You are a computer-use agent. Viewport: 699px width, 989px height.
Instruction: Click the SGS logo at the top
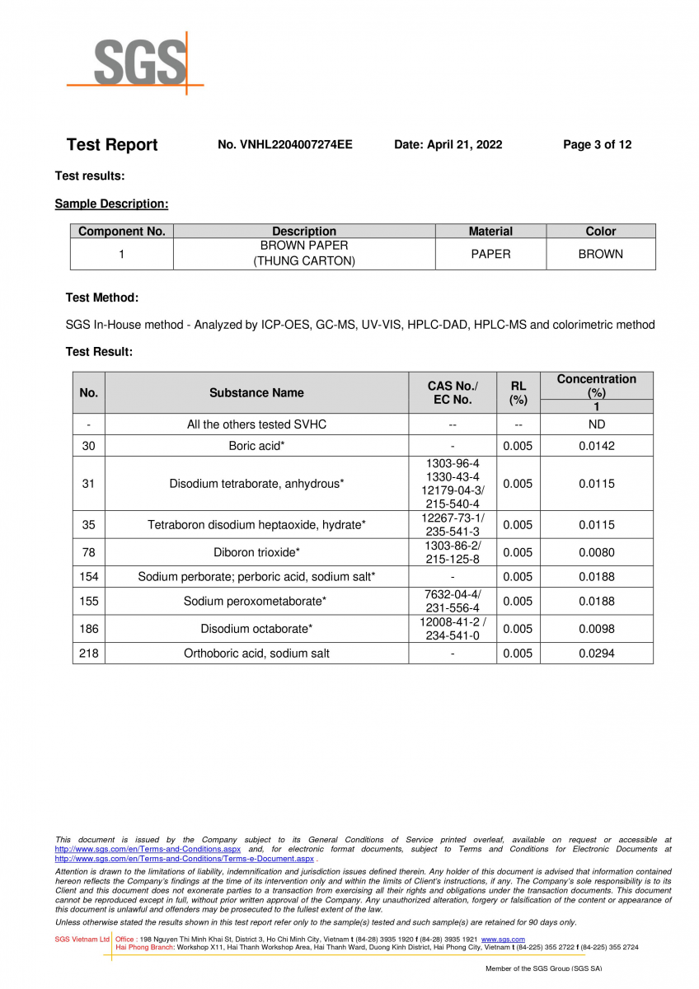pyautogui.click(x=136, y=62)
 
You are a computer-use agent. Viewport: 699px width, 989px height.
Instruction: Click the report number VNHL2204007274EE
pyautogui.click(x=284, y=145)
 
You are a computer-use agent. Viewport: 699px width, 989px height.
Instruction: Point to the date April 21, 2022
pyautogui.click(x=448, y=145)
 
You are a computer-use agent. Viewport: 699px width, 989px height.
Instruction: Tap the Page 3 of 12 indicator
pyautogui.click(x=597, y=145)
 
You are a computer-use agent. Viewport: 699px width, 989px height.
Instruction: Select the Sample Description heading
pyautogui.click(x=111, y=204)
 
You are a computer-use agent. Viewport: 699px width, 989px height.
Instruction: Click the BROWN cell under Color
pyautogui.click(x=600, y=254)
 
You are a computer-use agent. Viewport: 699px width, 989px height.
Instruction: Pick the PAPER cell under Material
pyautogui.click(x=490, y=254)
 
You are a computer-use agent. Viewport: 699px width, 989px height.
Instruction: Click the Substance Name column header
pyautogui.click(x=256, y=392)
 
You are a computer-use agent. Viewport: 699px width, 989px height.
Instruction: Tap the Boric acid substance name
pyautogui.click(x=256, y=446)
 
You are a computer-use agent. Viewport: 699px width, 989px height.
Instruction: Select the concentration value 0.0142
pyautogui.click(x=596, y=446)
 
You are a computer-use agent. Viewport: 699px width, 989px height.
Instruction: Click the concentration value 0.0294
pyautogui.click(x=596, y=654)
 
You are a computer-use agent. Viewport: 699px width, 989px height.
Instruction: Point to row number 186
pyautogui.click(x=88, y=629)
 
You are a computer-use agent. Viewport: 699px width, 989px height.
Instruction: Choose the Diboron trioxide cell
pyautogui.click(x=256, y=552)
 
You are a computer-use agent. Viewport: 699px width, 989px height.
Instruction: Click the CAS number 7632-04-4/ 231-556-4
pyautogui.click(x=453, y=602)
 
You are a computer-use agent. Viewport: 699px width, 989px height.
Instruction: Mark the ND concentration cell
pyautogui.click(x=596, y=424)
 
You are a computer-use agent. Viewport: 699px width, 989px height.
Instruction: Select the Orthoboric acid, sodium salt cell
pyautogui.click(x=256, y=654)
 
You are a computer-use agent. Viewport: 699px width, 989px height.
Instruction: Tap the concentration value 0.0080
pyautogui.click(x=596, y=552)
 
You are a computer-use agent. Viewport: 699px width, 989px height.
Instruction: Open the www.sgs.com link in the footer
pyautogui.click(x=503, y=940)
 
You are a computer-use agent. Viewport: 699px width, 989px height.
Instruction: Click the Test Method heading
pyautogui.click(x=101, y=298)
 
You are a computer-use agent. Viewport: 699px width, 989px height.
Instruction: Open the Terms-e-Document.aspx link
pyautogui.click(x=185, y=859)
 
